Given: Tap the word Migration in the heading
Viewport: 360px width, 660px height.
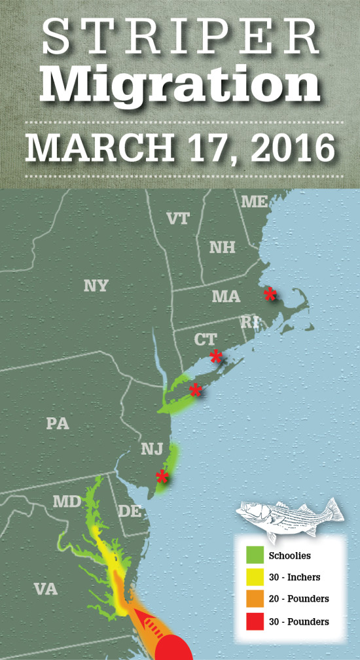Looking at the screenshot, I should [180, 83].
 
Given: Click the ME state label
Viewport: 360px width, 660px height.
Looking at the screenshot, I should [254, 201].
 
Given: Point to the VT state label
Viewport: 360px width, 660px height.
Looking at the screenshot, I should [177, 218].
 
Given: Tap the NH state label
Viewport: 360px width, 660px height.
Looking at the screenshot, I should [222, 247].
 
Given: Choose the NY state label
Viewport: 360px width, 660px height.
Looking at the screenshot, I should [96, 286].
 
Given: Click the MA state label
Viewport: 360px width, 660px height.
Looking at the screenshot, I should [226, 296].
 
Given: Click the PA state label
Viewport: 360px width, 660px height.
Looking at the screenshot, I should [58, 423].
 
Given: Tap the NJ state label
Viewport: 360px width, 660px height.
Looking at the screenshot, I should [151, 449].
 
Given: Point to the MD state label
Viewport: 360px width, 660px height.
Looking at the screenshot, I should [67, 502].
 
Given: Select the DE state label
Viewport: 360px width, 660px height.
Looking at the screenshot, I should [130, 511].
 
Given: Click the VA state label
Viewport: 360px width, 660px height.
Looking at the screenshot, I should [45, 589].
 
